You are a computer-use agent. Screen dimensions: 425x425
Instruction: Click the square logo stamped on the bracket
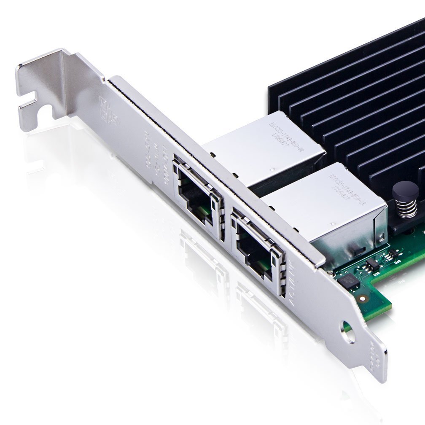click(106, 106)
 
